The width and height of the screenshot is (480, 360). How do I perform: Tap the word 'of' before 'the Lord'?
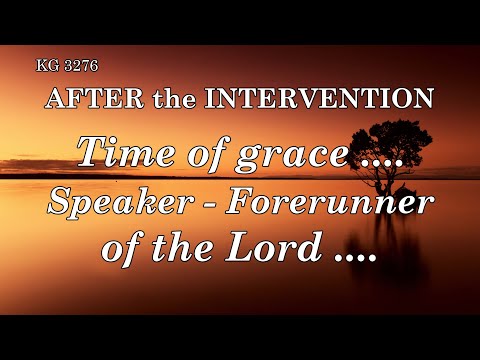click(125, 246)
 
